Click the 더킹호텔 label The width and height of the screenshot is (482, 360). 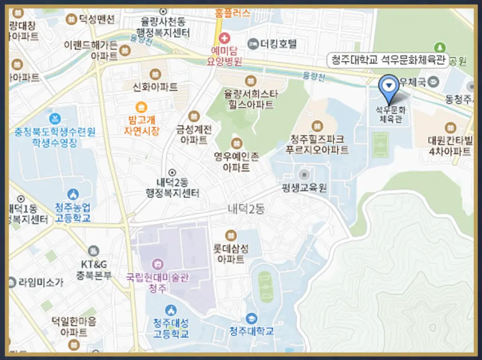click(278, 44)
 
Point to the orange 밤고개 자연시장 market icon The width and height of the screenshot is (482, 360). click(141, 107)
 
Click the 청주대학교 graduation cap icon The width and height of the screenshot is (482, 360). click(252, 319)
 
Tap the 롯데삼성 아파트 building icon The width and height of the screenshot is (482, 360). click(231, 235)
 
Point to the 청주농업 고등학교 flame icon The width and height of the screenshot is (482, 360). click(73, 194)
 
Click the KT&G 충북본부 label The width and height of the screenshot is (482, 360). click(93, 270)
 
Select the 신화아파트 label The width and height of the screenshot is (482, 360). click(155, 87)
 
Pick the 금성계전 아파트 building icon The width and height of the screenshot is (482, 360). click(194, 116)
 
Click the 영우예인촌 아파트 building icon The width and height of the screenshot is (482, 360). click(237, 144)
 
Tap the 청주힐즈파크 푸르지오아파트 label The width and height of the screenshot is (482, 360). click(317, 144)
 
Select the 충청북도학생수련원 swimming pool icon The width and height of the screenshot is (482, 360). click(55, 118)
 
